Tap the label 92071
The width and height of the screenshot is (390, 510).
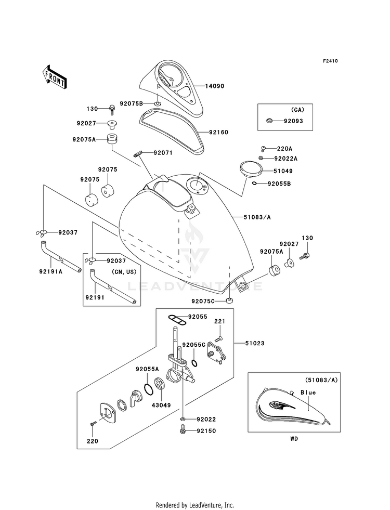coord(163,153)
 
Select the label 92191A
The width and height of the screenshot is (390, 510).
coord(49,270)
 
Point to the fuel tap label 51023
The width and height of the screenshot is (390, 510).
coord(256,343)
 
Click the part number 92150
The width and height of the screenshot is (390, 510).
coord(206,431)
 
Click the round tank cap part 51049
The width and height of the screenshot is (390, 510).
coord(250,169)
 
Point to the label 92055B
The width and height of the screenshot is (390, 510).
coord(279,184)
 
